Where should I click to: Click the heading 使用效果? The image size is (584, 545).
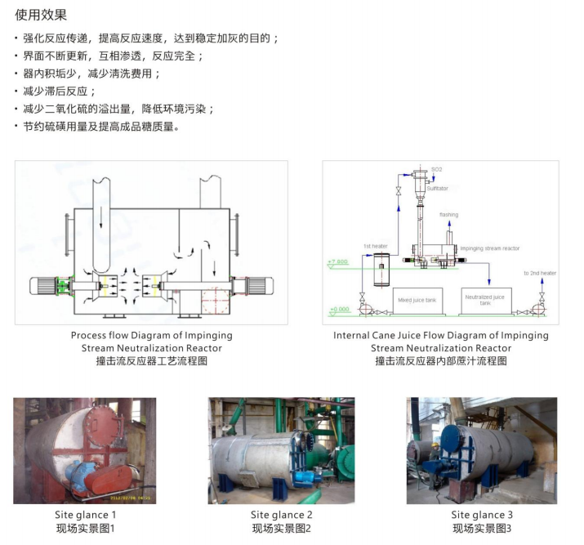pyautogui.click(x=41, y=15)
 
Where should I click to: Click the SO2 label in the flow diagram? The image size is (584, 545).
pyautogui.click(x=437, y=169)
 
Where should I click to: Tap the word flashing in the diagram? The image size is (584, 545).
pyautogui.click(x=449, y=215)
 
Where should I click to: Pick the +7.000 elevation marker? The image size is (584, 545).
pyautogui.click(x=338, y=262)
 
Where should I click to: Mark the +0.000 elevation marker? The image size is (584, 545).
pyautogui.click(x=338, y=310)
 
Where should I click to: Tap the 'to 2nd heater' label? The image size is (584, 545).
pyautogui.click(x=539, y=273)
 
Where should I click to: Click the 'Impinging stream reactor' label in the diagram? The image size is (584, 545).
pyautogui.click(x=489, y=248)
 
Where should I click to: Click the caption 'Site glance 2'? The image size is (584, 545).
pyautogui.click(x=281, y=515)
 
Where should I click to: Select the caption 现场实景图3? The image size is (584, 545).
pyautogui.click(x=482, y=529)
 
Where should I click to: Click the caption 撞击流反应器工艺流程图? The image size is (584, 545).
pyautogui.click(x=151, y=360)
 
